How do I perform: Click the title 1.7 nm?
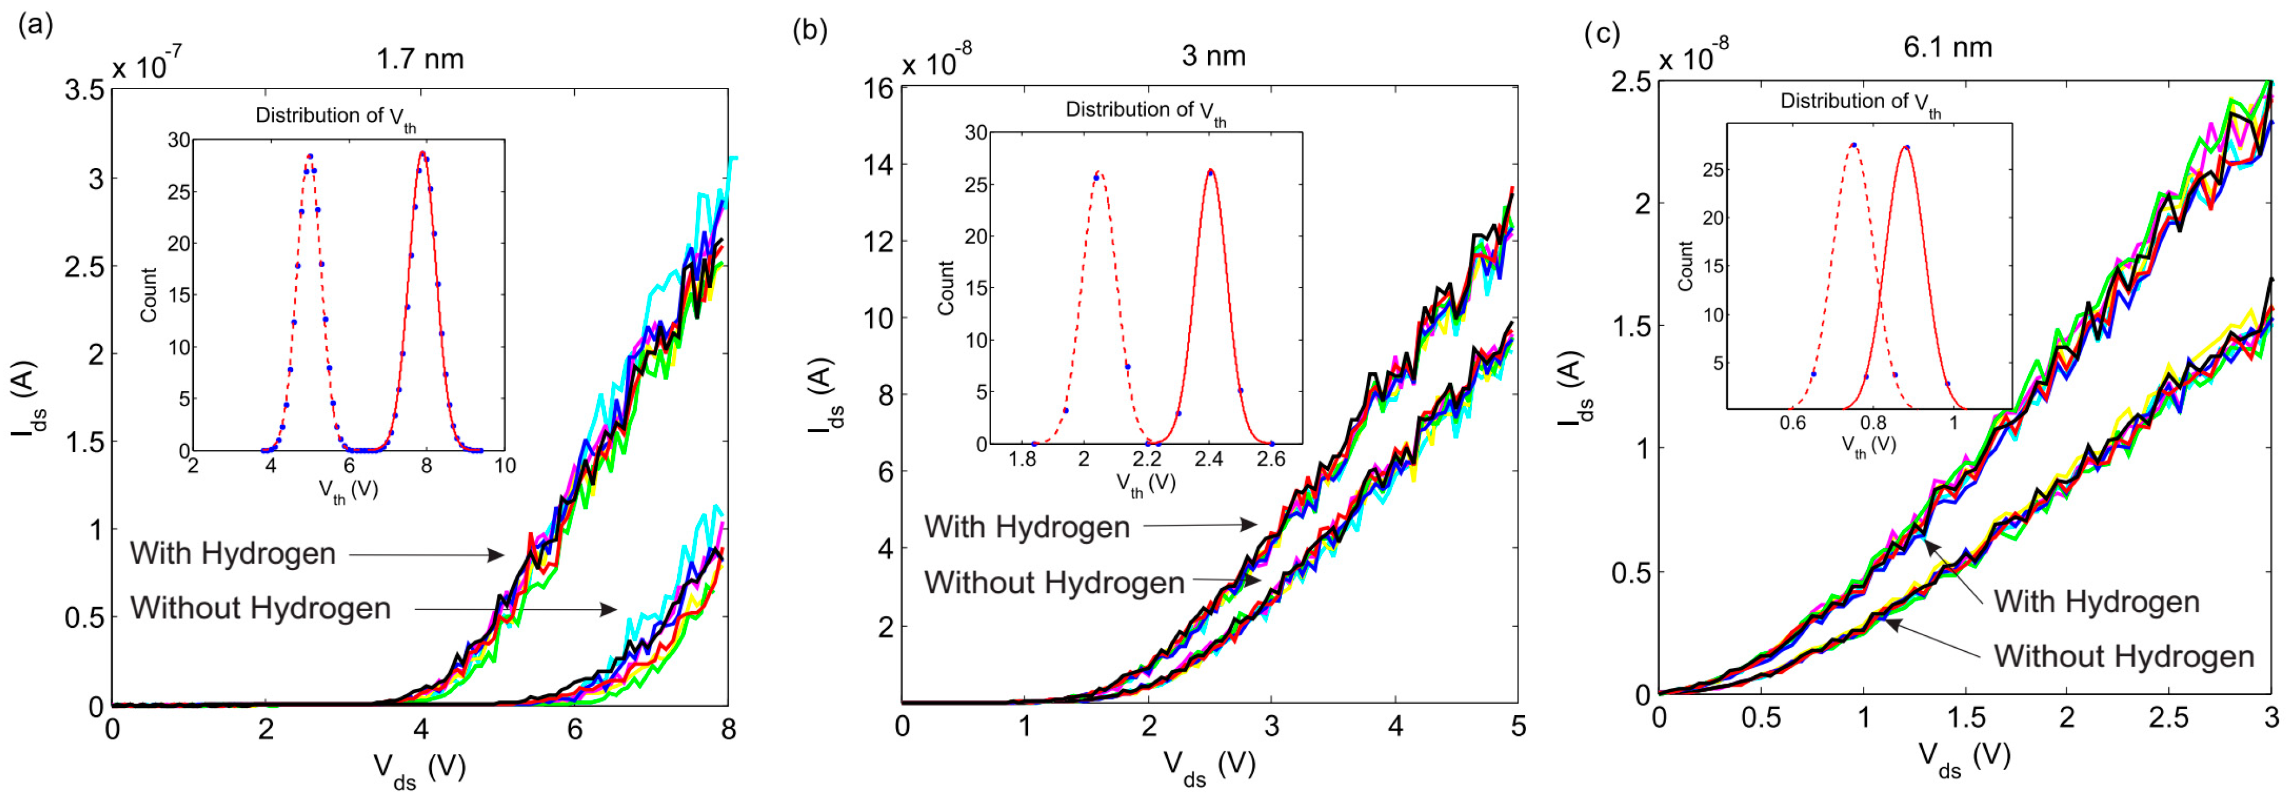(419, 59)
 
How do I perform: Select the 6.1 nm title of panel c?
(1948, 47)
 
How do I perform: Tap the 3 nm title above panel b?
(1214, 56)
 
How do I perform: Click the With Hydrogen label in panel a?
(233, 553)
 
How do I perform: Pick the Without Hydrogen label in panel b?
(1055, 583)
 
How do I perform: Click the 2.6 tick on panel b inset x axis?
(1271, 460)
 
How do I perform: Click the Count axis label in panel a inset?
(148, 295)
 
